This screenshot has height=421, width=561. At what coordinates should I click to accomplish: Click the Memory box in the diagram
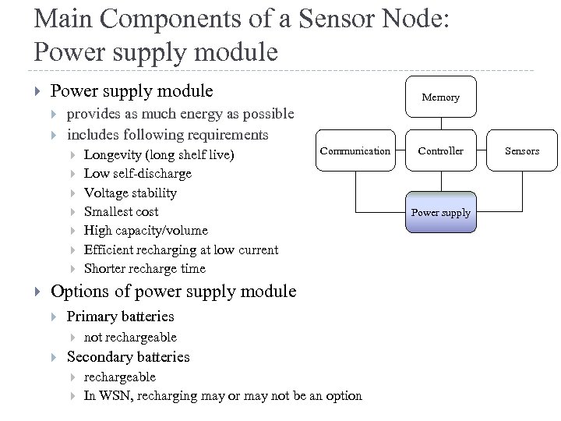[x=441, y=97]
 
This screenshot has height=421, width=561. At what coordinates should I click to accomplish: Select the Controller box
[x=441, y=150]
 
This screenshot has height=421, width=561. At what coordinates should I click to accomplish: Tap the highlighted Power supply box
[x=441, y=212]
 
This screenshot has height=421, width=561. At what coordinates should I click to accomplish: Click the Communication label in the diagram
[x=355, y=150]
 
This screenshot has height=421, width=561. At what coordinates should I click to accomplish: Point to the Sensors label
[x=522, y=150]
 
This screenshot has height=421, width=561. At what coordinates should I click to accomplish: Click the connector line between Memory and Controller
[x=441, y=124]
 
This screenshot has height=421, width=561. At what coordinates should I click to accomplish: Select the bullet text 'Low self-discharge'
[x=137, y=174]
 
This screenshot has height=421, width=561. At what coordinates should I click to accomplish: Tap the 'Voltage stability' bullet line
[x=130, y=193]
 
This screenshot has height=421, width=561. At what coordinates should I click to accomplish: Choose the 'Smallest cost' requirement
[x=121, y=211]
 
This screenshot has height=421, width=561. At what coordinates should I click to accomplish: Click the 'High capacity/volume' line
[x=146, y=230]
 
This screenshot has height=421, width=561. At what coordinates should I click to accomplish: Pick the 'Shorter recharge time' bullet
[x=144, y=268]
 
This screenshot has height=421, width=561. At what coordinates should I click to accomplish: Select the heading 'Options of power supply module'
[x=173, y=292]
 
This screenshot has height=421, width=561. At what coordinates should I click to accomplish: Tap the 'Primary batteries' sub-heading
[x=120, y=317]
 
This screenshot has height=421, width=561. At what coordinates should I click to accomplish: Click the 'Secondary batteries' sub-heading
[x=128, y=357]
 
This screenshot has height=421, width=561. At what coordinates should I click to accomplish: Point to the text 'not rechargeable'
[x=130, y=337]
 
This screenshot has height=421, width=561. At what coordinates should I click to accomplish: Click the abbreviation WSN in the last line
[x=111, y=395]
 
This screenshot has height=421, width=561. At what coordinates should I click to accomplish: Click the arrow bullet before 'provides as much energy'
[x=55, y=115]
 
